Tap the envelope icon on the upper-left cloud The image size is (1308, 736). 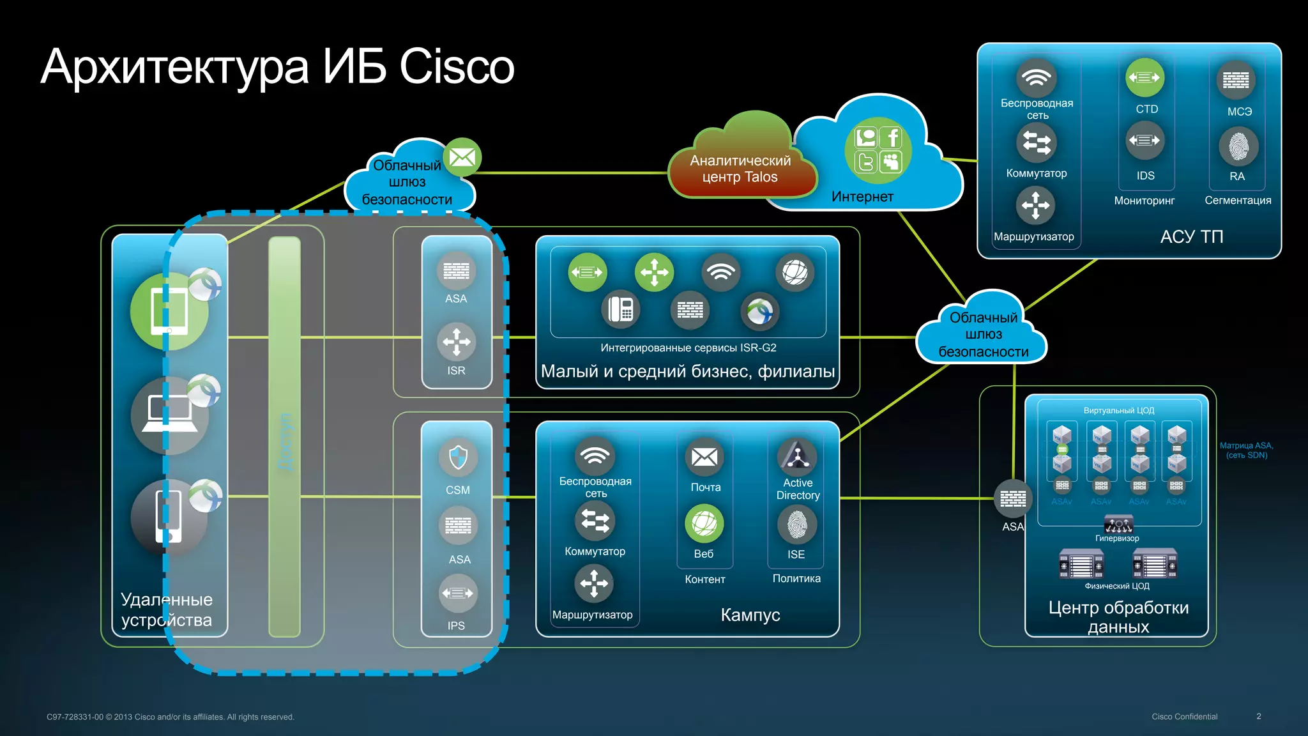pos(462,157)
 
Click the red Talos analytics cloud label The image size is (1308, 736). pos(740,169)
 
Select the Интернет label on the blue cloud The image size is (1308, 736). pos(862,197)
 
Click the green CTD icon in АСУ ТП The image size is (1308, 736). pos(1144,78)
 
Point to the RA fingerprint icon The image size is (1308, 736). pos(1238,147)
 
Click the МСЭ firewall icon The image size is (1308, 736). pos(1236,80)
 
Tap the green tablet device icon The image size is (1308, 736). pos(169,311)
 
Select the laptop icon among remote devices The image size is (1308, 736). pos(169,415)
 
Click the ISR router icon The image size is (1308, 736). pos(457,342)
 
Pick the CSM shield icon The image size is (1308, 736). pos(458,457)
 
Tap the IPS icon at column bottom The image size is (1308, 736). pos(458,594)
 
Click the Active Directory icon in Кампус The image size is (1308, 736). pos(797,456)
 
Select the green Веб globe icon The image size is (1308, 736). pos(704,524)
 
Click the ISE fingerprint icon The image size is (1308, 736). pos(796,525)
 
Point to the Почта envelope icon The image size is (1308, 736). pos(704,457)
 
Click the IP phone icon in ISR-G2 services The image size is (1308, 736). pos(620,310)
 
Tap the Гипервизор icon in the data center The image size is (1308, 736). pos(1118,525)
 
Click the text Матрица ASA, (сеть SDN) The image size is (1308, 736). pos(1246,450)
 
